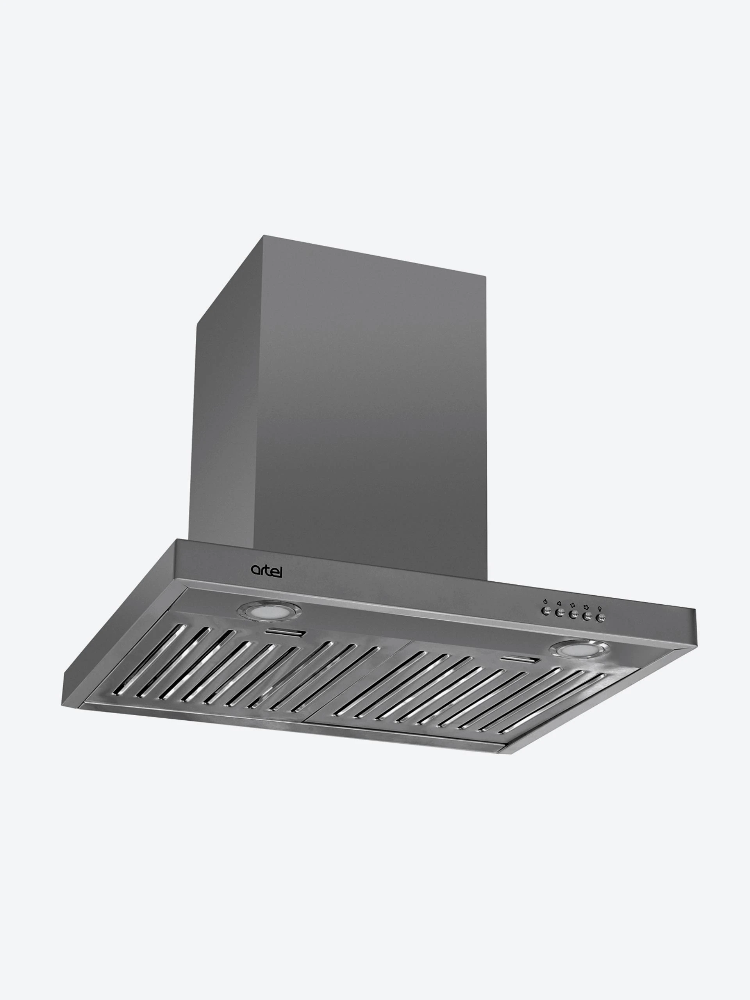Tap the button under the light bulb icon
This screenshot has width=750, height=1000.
(x=600, y=618)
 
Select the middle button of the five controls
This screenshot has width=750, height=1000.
(x=573, y=615)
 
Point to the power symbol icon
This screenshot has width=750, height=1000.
(x=546, y=601)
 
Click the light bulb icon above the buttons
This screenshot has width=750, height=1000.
(x=600, y=609)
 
